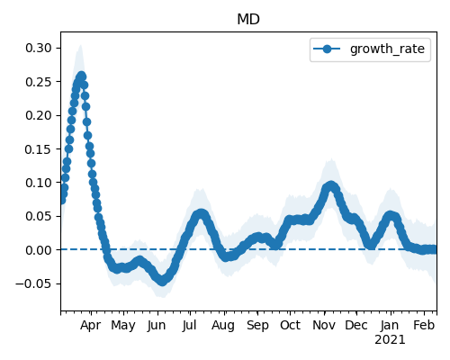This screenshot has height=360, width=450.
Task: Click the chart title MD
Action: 248,20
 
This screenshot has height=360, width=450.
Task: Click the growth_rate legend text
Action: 387,49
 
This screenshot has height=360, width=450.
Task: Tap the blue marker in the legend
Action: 327,49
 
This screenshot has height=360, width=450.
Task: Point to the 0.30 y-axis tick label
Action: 39,48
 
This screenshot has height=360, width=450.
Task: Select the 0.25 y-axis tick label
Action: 39,82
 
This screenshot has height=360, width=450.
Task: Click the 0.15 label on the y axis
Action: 39,149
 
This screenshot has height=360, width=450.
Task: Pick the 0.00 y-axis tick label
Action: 39,250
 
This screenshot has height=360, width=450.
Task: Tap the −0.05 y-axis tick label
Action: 34,283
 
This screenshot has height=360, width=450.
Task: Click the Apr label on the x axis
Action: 90,325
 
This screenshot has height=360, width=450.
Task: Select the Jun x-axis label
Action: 157,325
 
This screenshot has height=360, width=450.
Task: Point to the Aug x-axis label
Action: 223,325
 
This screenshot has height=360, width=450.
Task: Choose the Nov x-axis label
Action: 324,325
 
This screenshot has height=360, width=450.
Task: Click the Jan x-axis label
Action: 390,325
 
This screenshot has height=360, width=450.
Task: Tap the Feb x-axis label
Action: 424,325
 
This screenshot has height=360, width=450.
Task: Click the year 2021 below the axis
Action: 390,340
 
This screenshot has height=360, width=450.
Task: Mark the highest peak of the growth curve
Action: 81,76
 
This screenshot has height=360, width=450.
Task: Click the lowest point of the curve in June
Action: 162,281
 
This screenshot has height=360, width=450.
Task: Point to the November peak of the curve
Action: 331,186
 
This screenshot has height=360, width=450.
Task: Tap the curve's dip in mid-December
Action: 371,245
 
